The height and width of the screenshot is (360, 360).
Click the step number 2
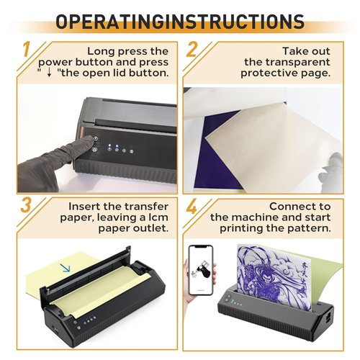192,53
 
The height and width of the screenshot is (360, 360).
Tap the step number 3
25,204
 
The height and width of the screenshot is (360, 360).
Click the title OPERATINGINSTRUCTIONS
179,22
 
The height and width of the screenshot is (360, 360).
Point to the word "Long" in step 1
102,51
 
